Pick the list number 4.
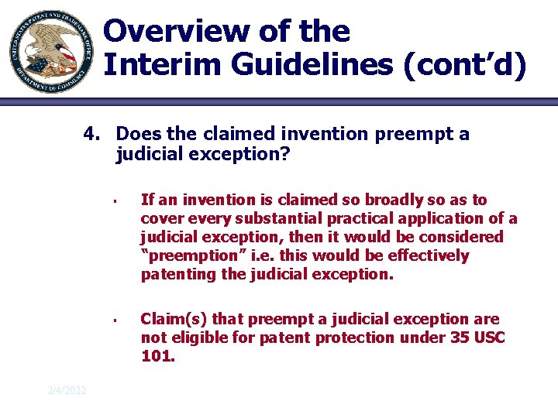point(91,135)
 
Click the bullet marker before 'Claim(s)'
point(113,320)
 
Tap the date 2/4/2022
point(67,391)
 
